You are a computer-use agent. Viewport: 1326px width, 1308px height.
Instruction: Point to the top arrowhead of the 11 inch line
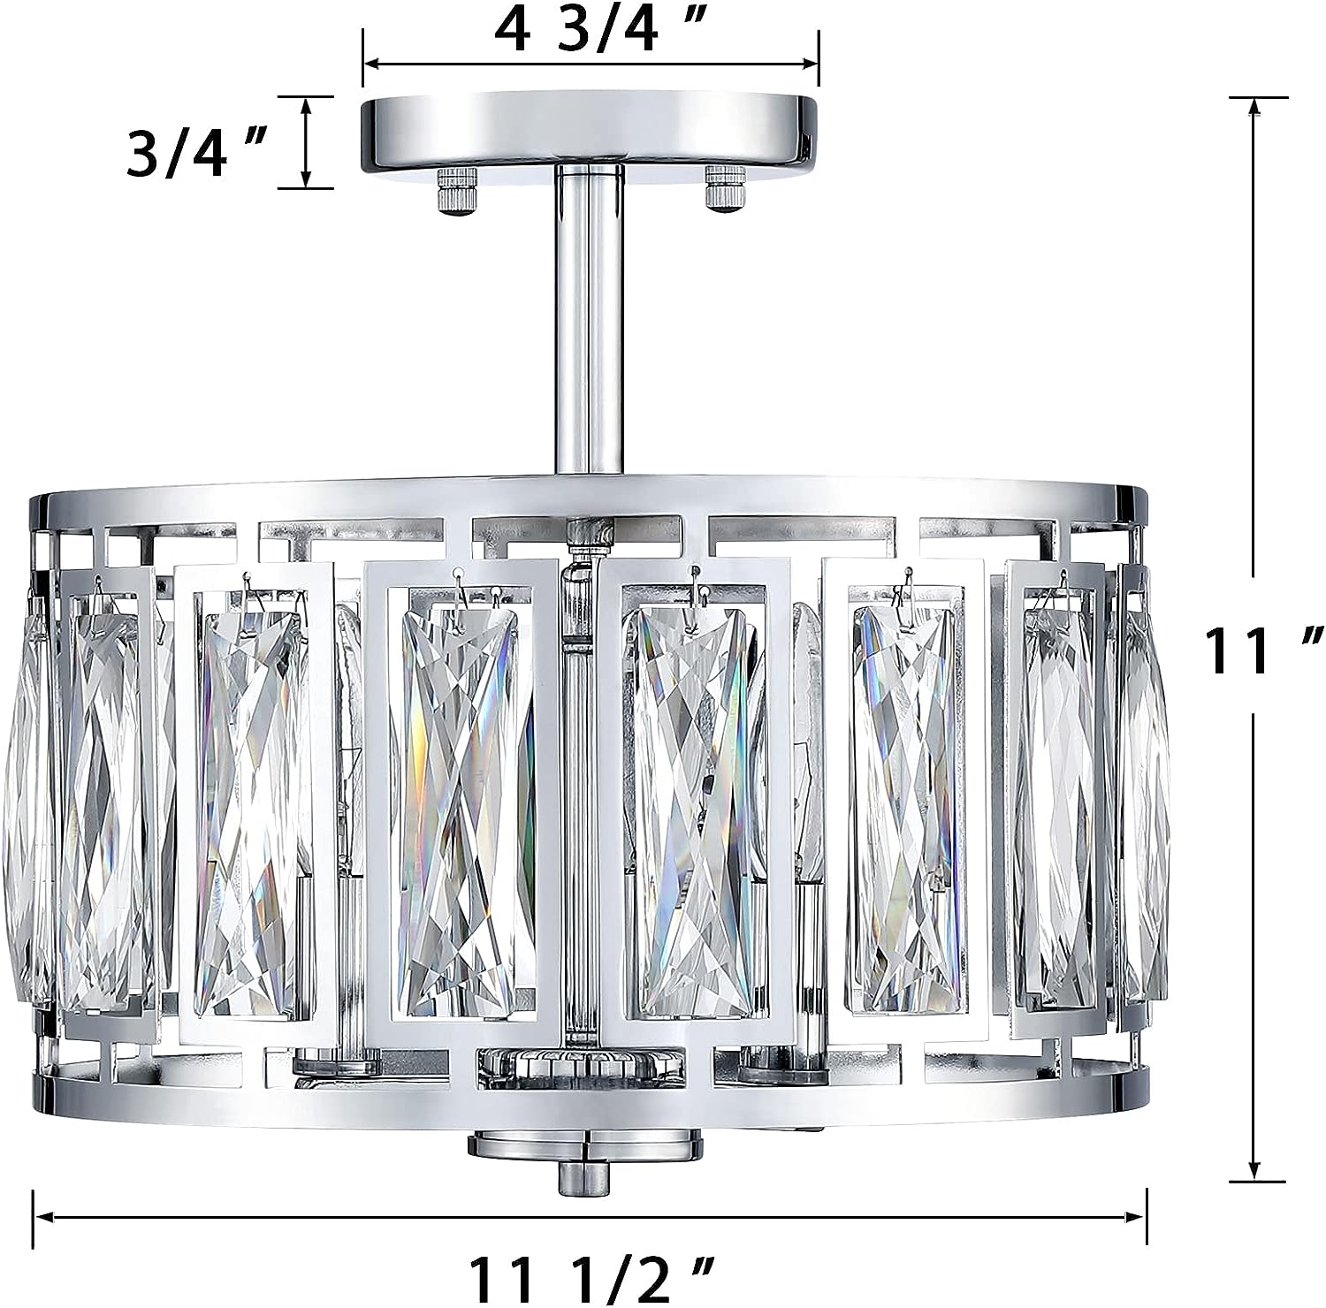point(1254,107)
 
